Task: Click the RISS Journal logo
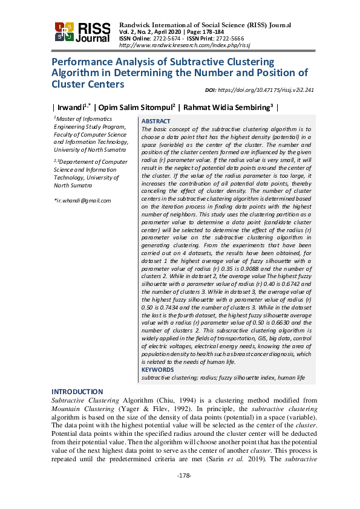(82, 33)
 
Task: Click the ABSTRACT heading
(155, 122)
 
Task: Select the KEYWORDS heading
(157, 369)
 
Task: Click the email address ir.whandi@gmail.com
(83, 200)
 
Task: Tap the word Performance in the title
(79, 62)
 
